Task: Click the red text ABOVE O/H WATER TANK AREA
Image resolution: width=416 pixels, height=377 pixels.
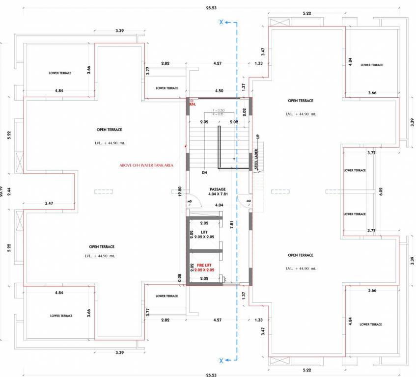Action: (146, 165)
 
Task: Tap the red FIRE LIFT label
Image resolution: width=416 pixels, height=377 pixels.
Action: (203, 265)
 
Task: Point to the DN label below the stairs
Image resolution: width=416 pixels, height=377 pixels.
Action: (204, 173)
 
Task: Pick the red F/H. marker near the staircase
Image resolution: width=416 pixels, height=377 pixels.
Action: (192, 103)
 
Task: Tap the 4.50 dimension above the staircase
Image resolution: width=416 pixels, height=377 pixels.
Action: (219, 91)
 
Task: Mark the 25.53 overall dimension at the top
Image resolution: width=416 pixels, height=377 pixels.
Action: (211, 7)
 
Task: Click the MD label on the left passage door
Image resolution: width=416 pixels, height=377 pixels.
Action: (189, 201)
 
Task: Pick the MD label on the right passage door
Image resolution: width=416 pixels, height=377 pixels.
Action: (249, 201)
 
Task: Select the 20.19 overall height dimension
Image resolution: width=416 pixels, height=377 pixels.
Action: (2, 188)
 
